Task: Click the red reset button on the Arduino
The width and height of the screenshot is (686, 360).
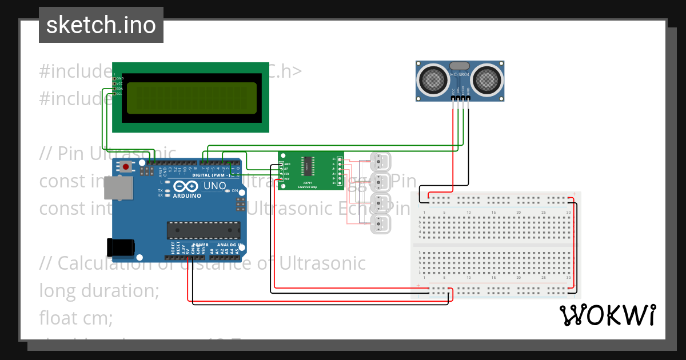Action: pos(125,167)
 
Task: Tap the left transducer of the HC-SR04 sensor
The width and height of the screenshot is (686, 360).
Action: pos(433,79)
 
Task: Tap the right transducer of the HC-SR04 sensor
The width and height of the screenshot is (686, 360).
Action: pos(486,79)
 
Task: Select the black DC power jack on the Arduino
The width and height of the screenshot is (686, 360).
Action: pos(121,247)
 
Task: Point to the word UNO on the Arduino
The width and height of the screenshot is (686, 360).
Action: pos(215,186)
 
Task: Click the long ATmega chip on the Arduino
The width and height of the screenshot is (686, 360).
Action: pos(203,230)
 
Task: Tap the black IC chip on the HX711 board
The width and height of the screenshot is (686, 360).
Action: pos(307,166)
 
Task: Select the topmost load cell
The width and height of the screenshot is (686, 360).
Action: pos(380,161)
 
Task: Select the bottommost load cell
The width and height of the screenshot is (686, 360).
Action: pos(380,223)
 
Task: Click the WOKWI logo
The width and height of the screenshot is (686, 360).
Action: pos(607,315)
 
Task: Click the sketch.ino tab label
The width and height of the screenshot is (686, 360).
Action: pos(101,25)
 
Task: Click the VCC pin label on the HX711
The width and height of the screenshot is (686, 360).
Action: pos(286,179)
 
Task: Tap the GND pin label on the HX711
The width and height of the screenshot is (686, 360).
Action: pos(287,164)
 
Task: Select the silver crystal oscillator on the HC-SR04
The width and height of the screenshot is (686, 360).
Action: pos(460,66)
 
